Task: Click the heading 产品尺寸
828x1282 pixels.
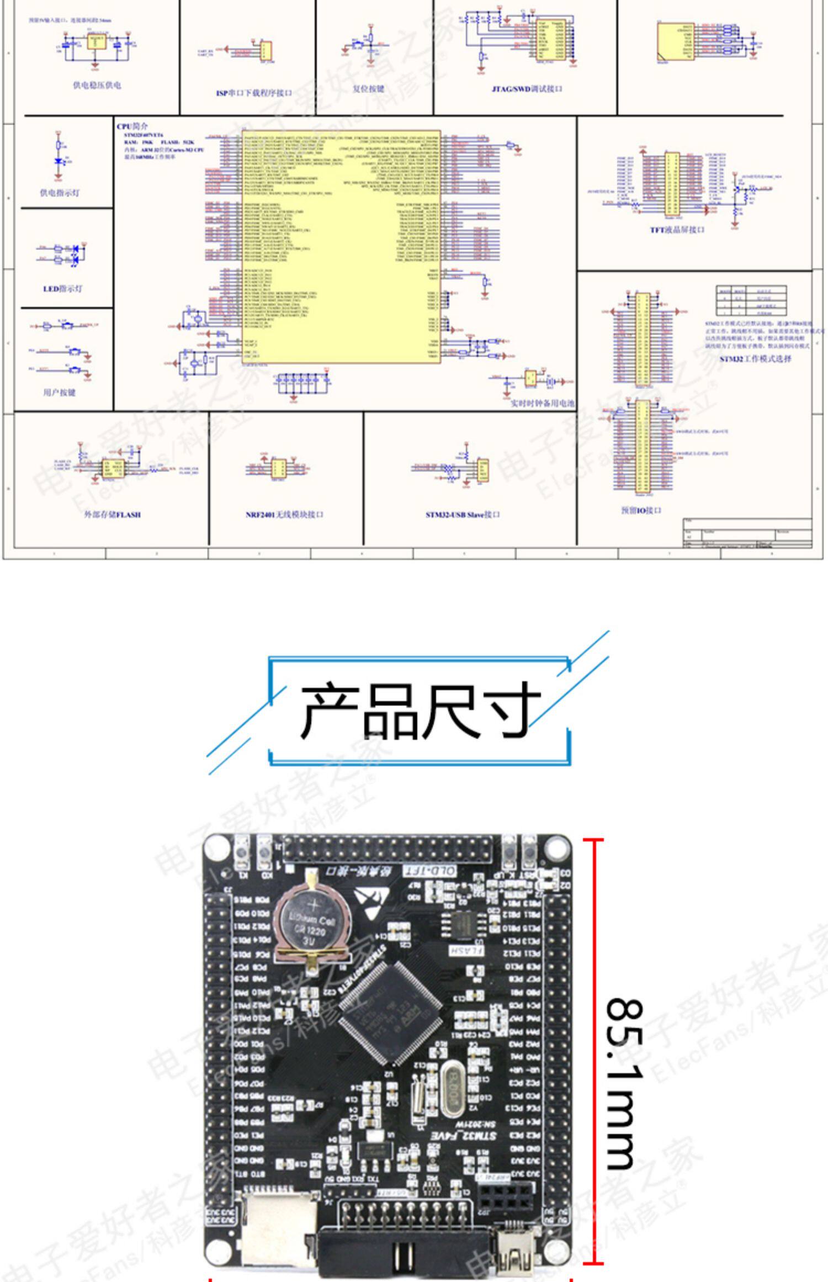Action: [x=420, y=711]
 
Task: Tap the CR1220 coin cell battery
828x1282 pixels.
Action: [x=311, y=923]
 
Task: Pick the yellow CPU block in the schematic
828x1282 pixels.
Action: [x=341, y=246]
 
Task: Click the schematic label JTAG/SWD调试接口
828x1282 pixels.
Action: [x=527, y=89]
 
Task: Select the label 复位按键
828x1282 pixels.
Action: [x=368, y=89]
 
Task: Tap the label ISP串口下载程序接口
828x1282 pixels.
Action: [x=254, y=93]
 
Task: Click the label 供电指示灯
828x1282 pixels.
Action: [x=60, y=193]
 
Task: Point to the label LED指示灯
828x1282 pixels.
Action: [x=63, y=289]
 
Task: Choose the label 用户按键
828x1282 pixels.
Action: [x=59, y=393]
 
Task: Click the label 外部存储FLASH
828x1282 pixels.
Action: [x=112, y=515]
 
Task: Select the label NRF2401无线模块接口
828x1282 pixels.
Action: [x=284, y=515]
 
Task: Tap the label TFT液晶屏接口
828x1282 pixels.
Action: [x=677, y=230]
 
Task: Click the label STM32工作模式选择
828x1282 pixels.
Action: [x=755, y=359]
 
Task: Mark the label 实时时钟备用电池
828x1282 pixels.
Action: [x=542, y=404]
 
